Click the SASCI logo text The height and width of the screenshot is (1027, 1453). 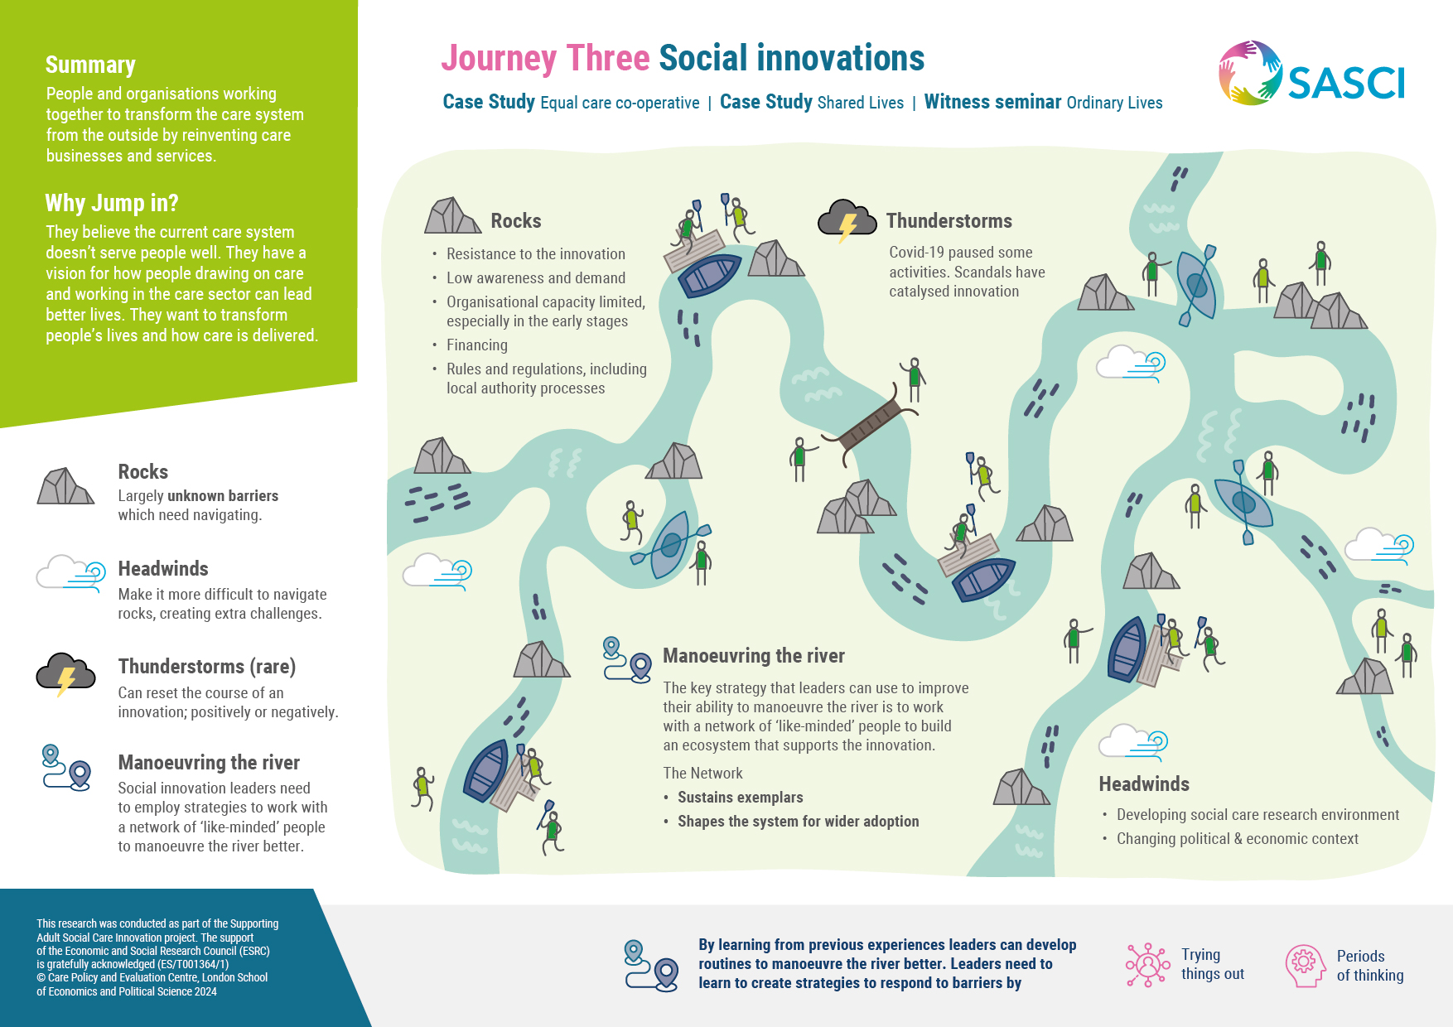pos(1346,83)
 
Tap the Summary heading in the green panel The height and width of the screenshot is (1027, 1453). pos(90,65)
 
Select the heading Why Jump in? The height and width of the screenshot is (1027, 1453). pos(112,203)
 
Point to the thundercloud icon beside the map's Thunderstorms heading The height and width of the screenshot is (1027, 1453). pos(847,220)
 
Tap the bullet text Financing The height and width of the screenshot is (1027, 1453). pos(477,345)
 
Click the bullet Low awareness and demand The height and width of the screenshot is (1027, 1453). pos(536,278)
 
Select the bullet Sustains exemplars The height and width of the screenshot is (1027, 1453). pos(741,798)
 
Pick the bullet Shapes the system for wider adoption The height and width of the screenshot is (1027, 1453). pos(799,822)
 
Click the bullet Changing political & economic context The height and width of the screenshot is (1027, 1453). pos(1238,839)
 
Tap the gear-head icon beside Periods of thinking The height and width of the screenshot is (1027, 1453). pos(1306,966)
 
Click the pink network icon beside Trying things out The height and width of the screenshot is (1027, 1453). pos(1147,965)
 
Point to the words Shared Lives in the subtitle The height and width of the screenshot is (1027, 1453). pos(861,103)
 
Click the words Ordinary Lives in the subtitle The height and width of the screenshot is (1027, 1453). pos(1115,103)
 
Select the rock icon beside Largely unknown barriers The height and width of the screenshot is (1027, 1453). pos(65,486)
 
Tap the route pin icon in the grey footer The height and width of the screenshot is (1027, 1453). pos(651,966)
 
